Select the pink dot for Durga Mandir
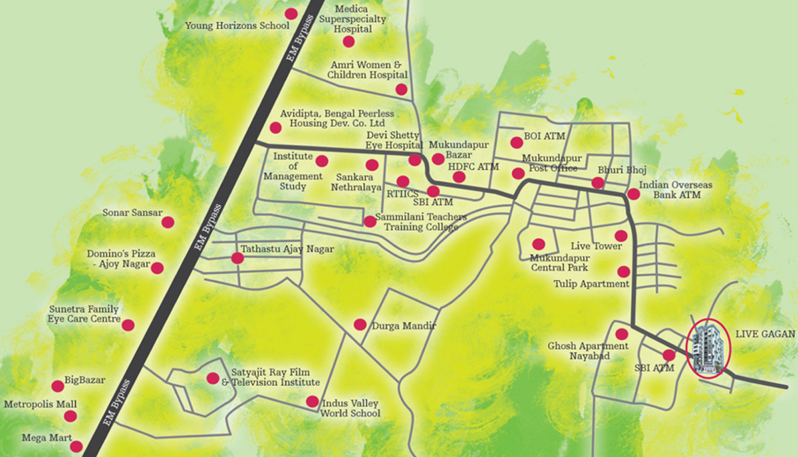click(x=360, y=325)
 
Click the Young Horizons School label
click(x=237, y=26)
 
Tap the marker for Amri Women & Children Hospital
click(x=401, y=89)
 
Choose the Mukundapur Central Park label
click(x=559, y=263)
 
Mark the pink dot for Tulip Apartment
click(x=623, y=271)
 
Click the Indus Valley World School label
click(x=350, y=408)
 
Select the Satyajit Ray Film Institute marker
click(x=212, y=379)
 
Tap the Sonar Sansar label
click(x=132, y=214)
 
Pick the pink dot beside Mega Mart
click(x=76, y=447)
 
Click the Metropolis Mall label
click(x=41, y=404)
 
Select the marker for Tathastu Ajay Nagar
click(x=236, y=258)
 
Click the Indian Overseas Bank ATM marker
click(x=634, y=194)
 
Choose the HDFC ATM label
click(x=473, y=166)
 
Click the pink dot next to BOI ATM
click(x=516, y=142)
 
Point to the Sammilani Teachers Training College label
click(x=420, y=222)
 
